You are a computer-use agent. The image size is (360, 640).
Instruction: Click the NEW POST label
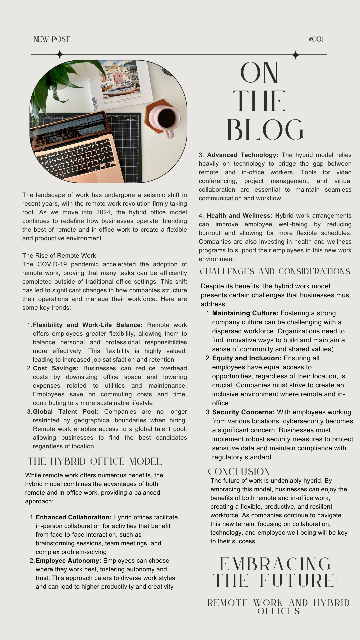pyautogui.click(x=52, y=39)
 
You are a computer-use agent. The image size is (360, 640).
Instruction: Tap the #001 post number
pyautogui.click(x=316, y=39)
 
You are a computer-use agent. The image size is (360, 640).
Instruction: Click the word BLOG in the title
pyautogui.click(x=265, y=130)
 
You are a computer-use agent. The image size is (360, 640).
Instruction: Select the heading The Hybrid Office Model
pyautogui.click(x=95, y=461)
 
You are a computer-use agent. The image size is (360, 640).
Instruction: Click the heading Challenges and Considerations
pyautogui.click(x=275, y=272)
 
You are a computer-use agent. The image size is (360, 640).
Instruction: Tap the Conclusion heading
pyautogui.click(x=239, y=472)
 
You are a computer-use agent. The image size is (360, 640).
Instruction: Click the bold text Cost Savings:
pyautogui.click(x=56, y=368)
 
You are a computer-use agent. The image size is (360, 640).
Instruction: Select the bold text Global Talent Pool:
pyautogui.click(x=66, y=412)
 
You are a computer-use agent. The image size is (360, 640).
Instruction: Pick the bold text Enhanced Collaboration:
pyautogui.click(x=73, y=517)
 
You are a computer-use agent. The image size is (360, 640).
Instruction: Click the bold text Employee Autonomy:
pyautogui.click(x=68, y=561)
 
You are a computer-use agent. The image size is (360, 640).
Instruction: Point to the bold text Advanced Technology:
pyautogui.click(x=243, y=155)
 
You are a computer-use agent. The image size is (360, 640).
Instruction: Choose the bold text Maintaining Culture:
pyautogui.click(x=245, y=313)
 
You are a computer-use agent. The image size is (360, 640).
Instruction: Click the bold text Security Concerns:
pyautogui.click(x=243, y=412)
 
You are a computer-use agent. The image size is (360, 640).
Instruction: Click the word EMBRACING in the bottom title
pyautogui.click(x=275, y=564)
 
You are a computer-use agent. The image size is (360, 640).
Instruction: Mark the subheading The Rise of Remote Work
pyautogui.click(x=59, y=256)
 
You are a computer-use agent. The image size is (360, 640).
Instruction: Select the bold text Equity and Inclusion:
pyautogui.click(x=247, y=358)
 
